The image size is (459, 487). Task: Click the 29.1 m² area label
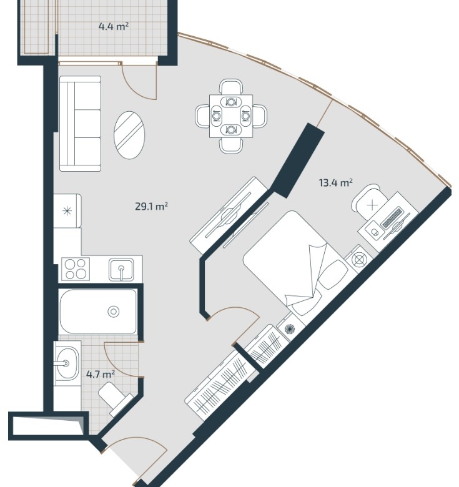[152, 206]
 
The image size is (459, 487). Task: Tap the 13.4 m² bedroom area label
[336, 182]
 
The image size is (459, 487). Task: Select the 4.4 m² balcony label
[114, 26]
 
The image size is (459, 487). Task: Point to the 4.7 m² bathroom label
[101, 375]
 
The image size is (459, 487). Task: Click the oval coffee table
[129, 135]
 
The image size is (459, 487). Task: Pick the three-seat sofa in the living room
[80, 124]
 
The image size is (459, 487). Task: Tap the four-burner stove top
[76, 269]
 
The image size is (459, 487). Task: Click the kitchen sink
[121, 270]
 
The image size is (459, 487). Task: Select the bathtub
[98, 311]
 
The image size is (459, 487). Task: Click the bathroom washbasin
[67, 363]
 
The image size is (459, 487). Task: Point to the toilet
[115, 398]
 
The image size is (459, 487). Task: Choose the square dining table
[231, 116]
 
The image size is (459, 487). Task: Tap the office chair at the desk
[368, 201]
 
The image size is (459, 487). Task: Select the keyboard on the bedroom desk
[392, 219]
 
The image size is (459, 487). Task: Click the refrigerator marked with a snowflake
[67, 211]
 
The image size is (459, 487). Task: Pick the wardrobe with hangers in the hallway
[220, 385]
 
